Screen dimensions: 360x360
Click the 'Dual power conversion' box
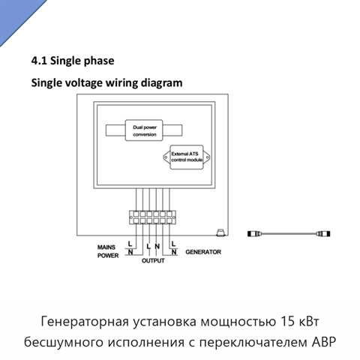[x=144, y=130]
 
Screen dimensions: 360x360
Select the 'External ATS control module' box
[x=187, y=157]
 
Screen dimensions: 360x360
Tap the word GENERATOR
[x=203, y=252]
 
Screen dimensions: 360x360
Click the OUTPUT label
[x=153, y=260]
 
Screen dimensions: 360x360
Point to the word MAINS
[x=106, y=247]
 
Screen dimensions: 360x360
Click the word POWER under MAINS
[x=108, y=256]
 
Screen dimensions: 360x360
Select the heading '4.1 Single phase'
[x=73, y=61]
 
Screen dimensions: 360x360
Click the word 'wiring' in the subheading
[x=122, y=83]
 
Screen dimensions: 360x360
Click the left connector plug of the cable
[x=254, y=234]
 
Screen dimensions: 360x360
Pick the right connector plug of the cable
[x=323, y=234]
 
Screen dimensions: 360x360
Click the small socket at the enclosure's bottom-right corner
[x=220, y=232]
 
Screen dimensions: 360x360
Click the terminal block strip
[x=152, y=217]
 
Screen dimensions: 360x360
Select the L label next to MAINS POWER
[x=130, y=244]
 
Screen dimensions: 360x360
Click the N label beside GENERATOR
[x=174, y=252]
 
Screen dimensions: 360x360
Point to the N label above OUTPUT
[x=157, y=247]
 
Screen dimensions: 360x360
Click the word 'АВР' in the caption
[x=324, y=342]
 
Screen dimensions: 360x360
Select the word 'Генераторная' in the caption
[x=85, y=322]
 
